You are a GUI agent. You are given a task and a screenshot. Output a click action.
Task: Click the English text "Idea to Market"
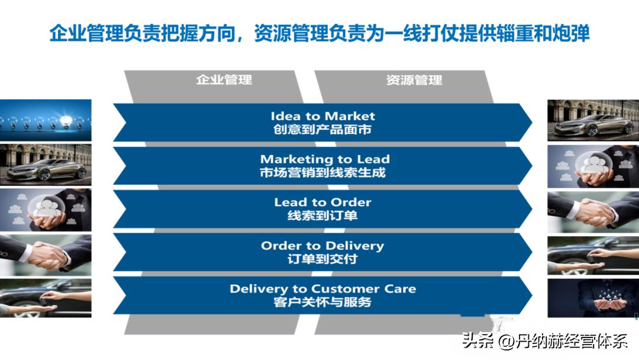(x=322, y=116)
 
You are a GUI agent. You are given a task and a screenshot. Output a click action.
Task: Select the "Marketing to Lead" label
(x=325, y=159)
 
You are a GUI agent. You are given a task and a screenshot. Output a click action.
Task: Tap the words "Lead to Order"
(x=322, y=202)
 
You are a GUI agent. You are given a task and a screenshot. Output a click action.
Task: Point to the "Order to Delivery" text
(x=322, y=246)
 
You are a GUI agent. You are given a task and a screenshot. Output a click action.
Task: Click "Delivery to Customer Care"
(x=322, y=289)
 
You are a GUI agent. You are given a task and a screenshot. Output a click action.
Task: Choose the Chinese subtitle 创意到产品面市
(x=322, y=129)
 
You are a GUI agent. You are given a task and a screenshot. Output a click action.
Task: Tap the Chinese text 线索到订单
(x=322, y=216)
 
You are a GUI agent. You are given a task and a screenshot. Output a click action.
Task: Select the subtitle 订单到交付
(x=322, y=259)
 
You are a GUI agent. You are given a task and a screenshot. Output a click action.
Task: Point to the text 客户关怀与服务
(x=322, y=302)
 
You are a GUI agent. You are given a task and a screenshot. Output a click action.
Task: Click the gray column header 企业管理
(x=224, y=80)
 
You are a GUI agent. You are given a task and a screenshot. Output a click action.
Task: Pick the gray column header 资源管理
(x=414, y=80)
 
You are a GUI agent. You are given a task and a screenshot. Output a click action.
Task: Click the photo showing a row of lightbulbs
(x=46, y=120)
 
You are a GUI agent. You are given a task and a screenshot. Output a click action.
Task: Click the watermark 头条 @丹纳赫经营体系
(x=544, y=341)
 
